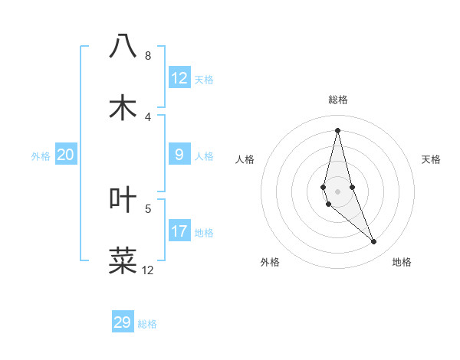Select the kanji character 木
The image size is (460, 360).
[x=123, y=107]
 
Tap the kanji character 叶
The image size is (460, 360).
[x=123, y=199]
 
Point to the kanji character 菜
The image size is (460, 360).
[x=123, y=260]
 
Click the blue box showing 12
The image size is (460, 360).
[x=179, y=78]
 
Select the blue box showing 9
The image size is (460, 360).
[x=179, y=155]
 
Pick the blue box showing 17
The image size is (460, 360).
[x=179, y=231]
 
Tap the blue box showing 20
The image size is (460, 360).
[x=66, y=155]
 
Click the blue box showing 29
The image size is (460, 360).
[x=123, y=322]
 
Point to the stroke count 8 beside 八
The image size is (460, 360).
[x=148, y=56]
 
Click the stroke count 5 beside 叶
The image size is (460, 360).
[x=148, y=208]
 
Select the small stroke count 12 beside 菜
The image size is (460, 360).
[x=148, y=270]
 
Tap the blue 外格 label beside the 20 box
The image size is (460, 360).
[x=41, y=156]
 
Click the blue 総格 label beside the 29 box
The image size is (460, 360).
[x=147, y=324]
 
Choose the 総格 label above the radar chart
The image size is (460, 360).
[x=338, y=100]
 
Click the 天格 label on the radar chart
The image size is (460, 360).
[x=432, y=159]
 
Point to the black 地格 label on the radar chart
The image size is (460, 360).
[x=402, y=262]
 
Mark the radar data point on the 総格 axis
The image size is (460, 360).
[x=337, y=129]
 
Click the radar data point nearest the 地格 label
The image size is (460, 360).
[x=374, y=242]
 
